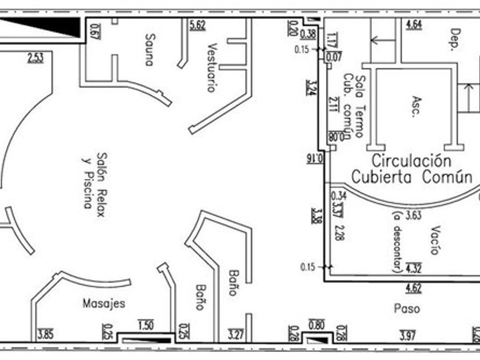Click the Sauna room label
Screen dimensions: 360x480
(149, 50)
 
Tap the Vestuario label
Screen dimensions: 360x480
(212, 67)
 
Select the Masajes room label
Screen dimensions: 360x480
(103, 303)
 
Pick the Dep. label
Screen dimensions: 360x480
(455, 40)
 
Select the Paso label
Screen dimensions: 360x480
(407, 309)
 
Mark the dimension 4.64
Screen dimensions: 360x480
(414, 24)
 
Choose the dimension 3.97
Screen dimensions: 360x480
(407, 334)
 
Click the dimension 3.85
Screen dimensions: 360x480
(45, 335)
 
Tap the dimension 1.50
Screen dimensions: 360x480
(146, 326)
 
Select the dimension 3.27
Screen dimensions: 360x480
(236, 334)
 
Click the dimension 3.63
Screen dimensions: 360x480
(413, 216)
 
